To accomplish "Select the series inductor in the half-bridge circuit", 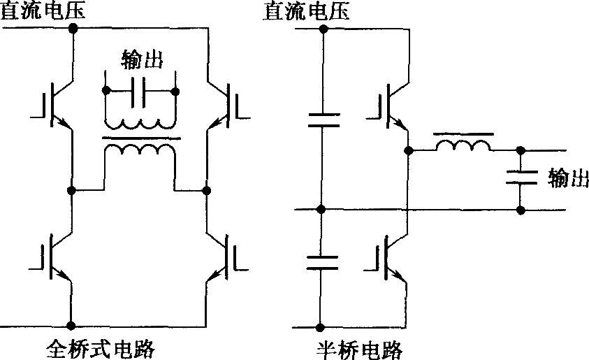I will pyautogui.click(x=462, y=145).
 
